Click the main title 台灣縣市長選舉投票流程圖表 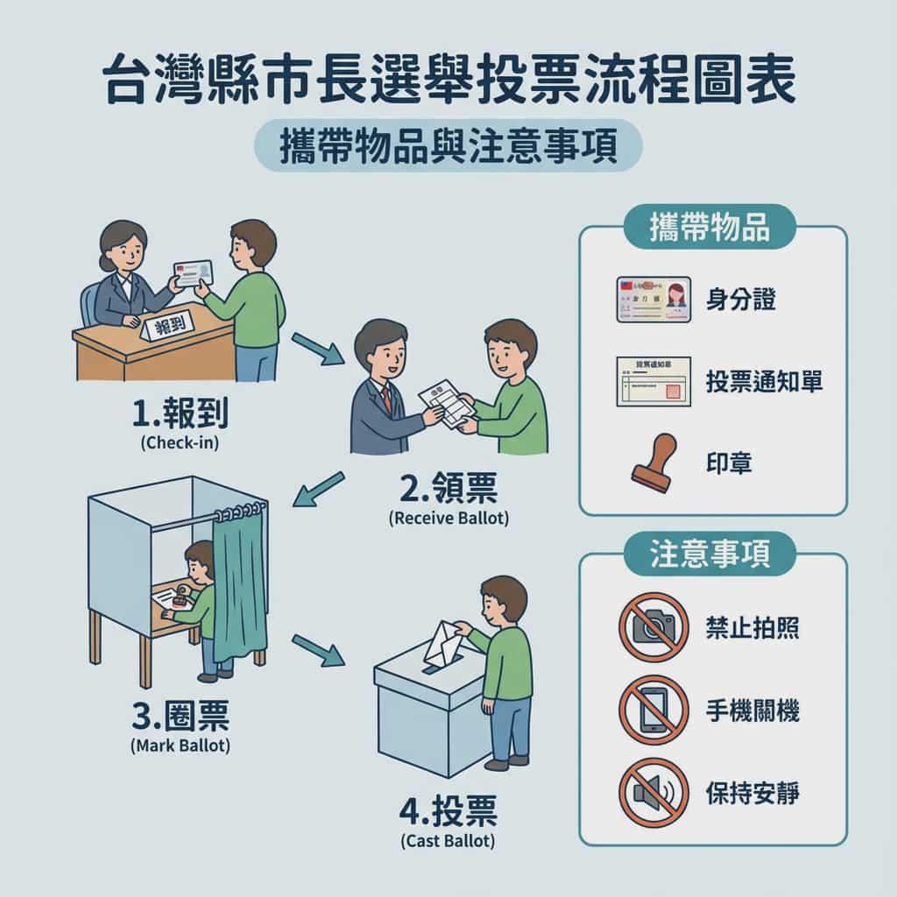(x=448, y=81)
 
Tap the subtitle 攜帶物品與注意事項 (x=448, y=145)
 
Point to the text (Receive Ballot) (x=448, y=518)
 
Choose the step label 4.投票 (x=448, y=812)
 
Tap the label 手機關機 (x=752, y=710)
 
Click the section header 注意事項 (x=710, y=558)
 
